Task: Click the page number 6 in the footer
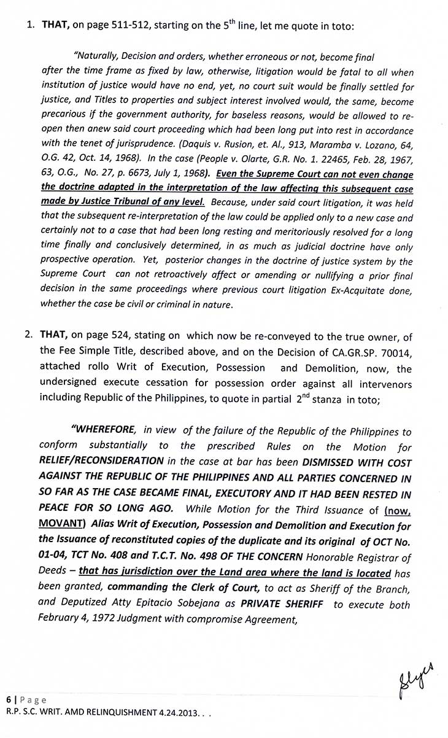pos(9,700)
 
